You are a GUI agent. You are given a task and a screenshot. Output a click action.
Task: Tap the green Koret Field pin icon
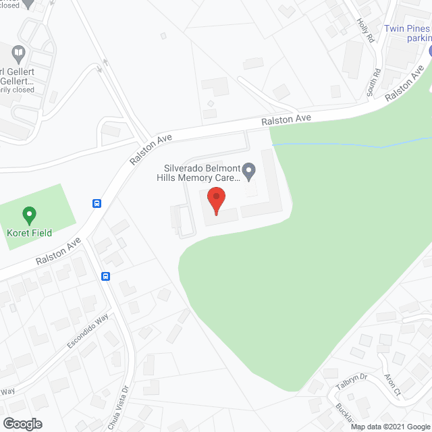point(29,215)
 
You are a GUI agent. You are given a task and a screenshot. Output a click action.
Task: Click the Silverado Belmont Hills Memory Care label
point(200,173)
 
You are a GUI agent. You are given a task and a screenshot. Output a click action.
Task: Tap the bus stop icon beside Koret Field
point(97,202)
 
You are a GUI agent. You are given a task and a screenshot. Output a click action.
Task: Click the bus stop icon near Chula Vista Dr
point(106,275)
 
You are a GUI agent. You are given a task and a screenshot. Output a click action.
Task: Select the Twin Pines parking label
point(407,33)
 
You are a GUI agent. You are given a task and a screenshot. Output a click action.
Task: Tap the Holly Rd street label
point(365,30)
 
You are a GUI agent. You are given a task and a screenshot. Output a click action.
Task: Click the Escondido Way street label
point(87,331)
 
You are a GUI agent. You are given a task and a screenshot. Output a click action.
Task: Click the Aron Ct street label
point(392,385)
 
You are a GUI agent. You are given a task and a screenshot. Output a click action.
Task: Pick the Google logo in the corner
point(22,423)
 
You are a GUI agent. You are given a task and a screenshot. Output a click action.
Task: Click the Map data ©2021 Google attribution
point(390,427)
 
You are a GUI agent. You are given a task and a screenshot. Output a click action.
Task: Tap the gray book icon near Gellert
point(19,51)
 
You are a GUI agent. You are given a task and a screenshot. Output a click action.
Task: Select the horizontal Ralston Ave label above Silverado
point(287,119)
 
